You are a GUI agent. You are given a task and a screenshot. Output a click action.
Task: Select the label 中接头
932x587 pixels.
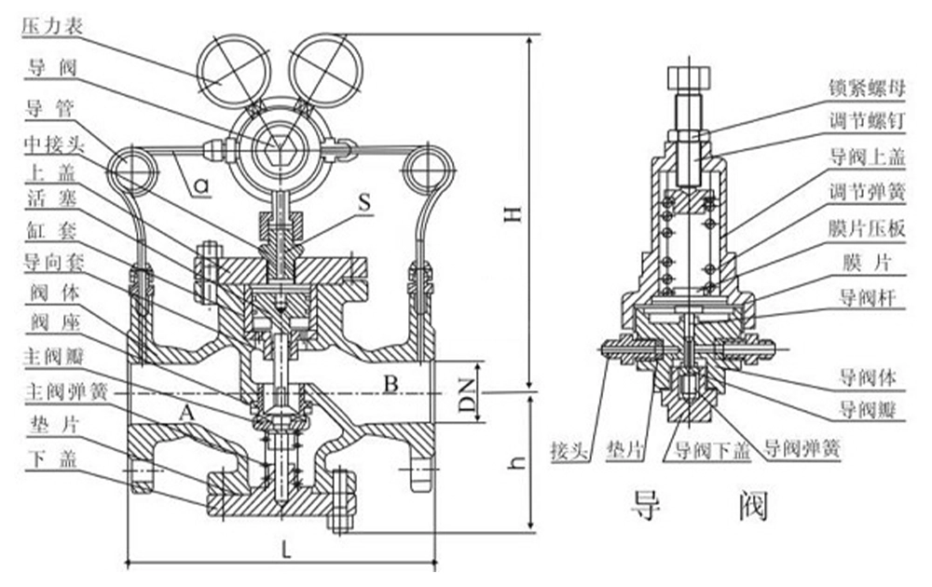point(48,146)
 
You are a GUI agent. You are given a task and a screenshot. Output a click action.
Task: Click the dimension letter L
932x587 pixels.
point(287,550)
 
